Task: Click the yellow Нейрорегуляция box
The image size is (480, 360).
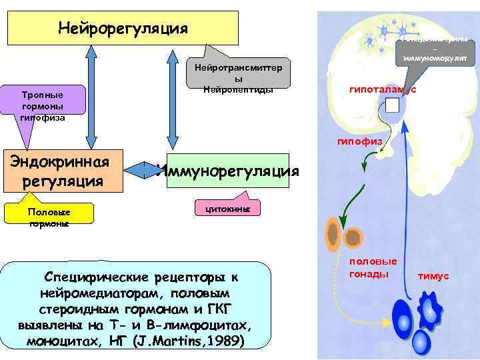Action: click(123, 28)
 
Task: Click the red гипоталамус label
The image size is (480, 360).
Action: click(382, 89)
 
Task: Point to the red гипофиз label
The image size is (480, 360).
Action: click(360, 141)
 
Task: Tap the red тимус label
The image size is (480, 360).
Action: click(433, 275)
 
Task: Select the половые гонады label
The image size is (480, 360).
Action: click(373, 268)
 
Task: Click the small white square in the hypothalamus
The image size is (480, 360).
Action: click(392, 106)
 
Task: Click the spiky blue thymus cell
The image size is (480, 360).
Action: click(430, 310)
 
